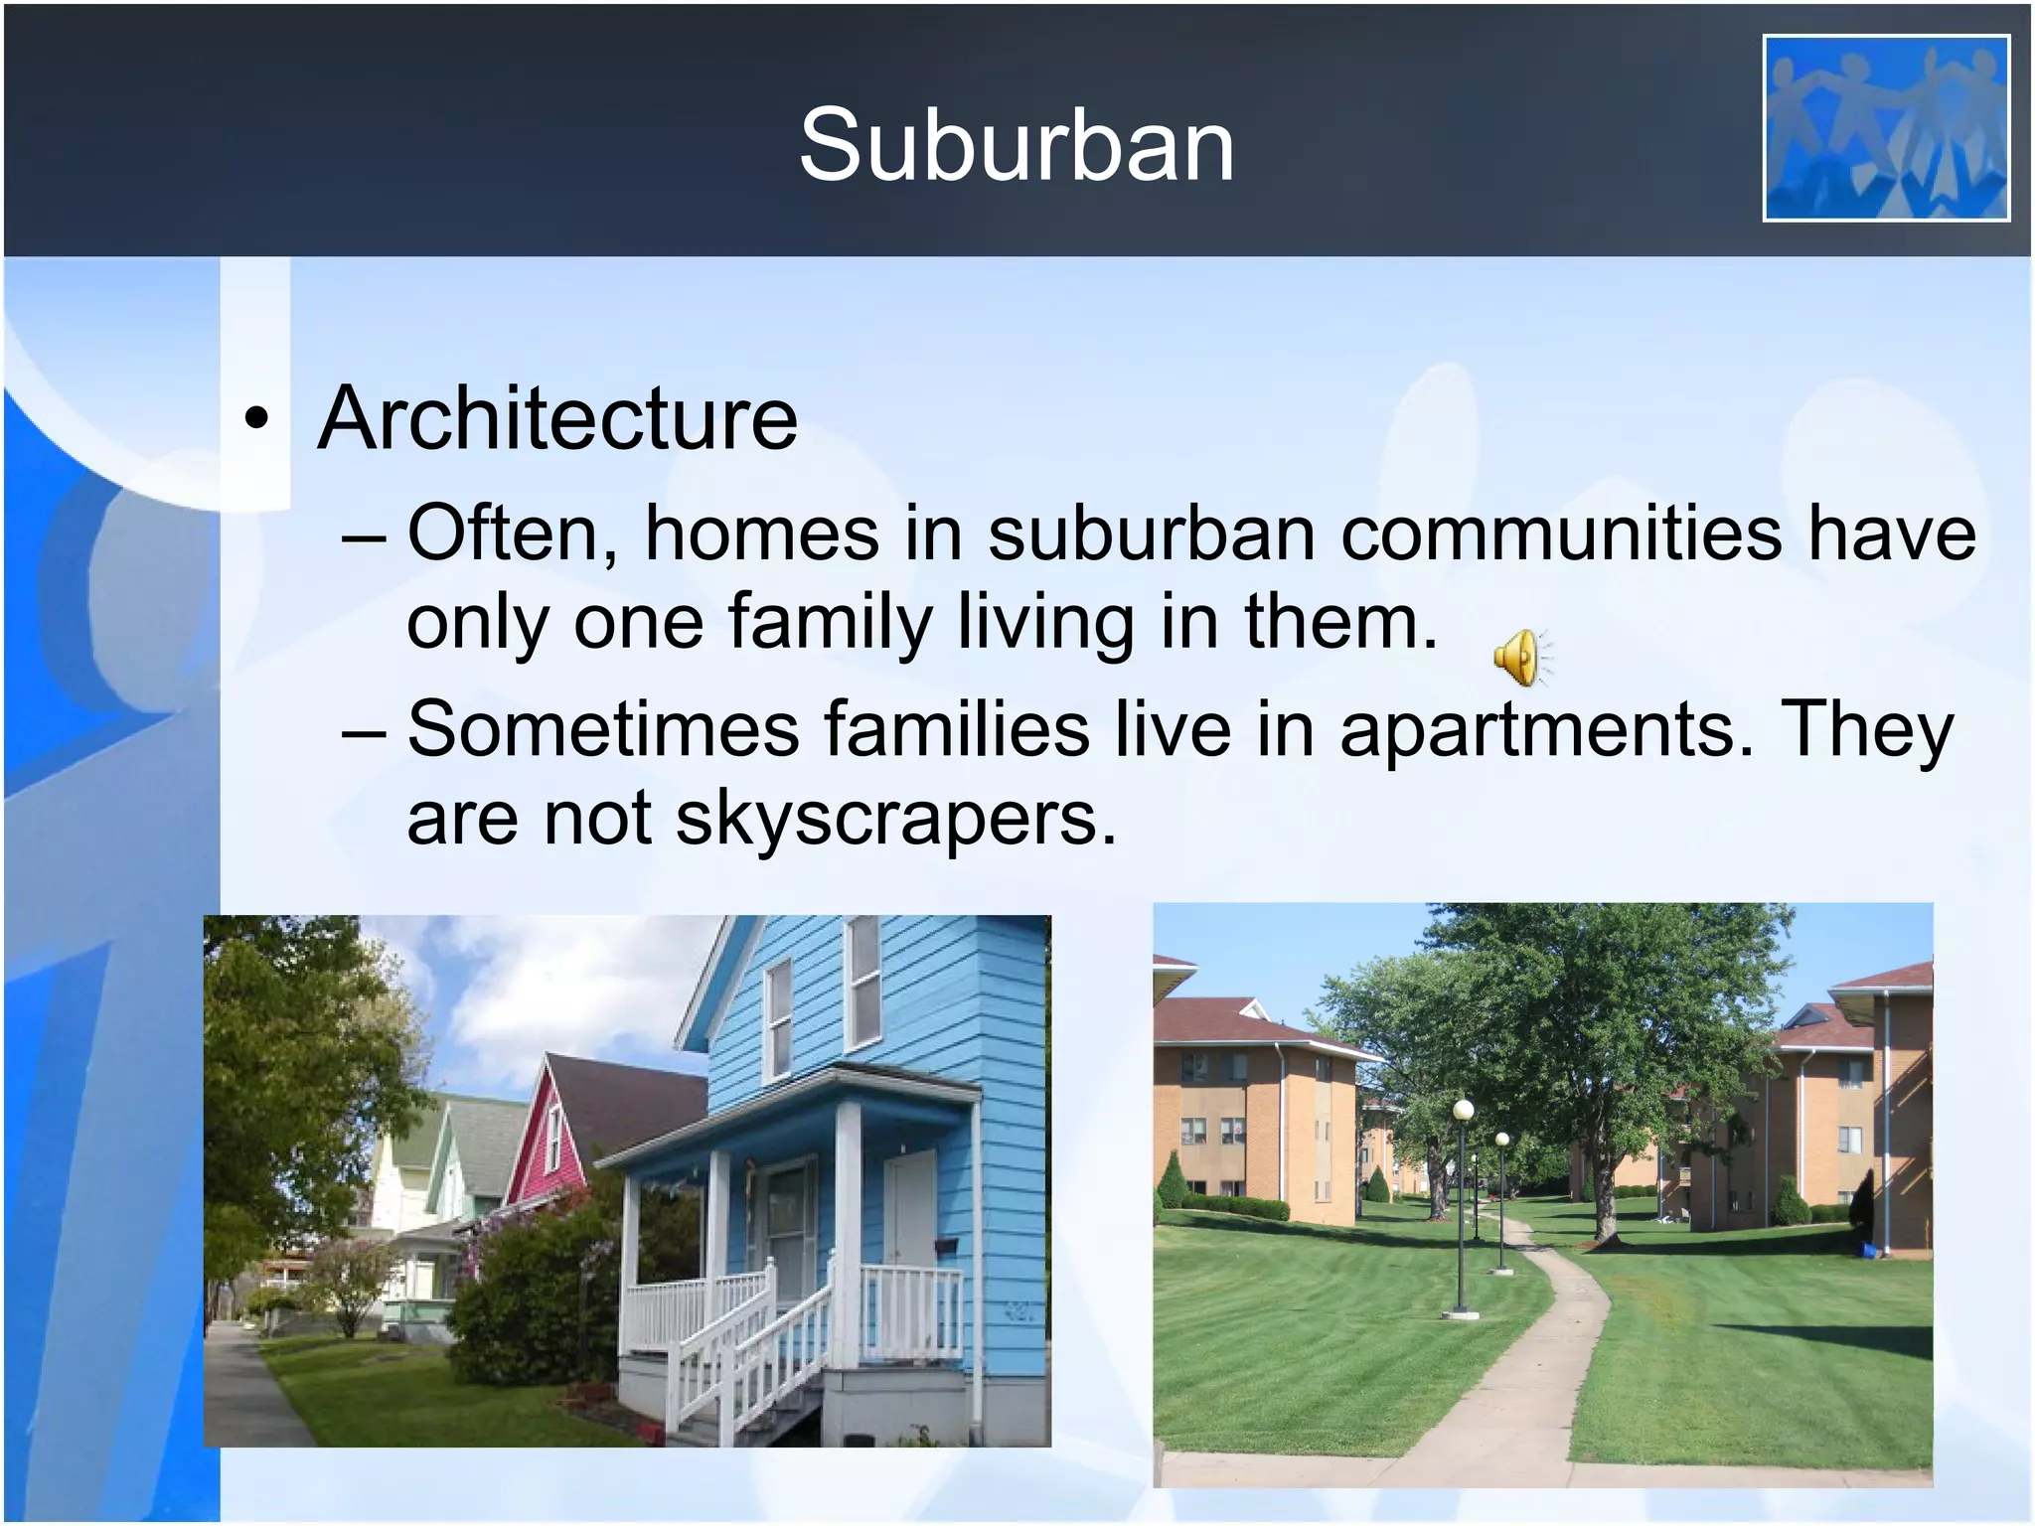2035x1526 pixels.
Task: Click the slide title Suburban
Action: click(1017, 146)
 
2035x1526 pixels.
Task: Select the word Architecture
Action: click(556, 418)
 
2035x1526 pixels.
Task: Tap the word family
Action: click(830, 623)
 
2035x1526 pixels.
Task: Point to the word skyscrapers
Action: click(896, 819)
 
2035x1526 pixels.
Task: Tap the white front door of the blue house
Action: click(910, 1207)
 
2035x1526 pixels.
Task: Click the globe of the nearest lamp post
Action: click(1463, 1109)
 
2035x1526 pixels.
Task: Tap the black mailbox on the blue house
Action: click(945, 1243)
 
